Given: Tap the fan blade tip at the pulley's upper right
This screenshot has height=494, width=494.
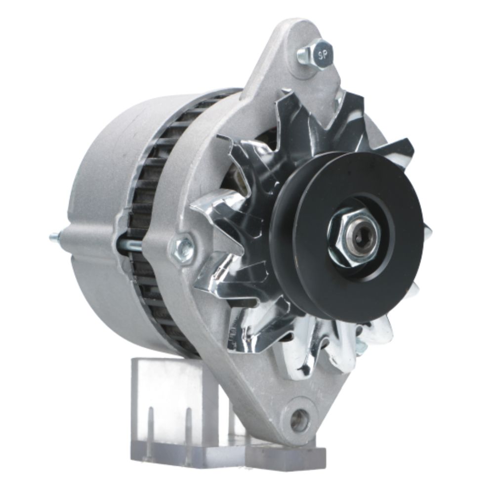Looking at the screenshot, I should coord(395,148).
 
